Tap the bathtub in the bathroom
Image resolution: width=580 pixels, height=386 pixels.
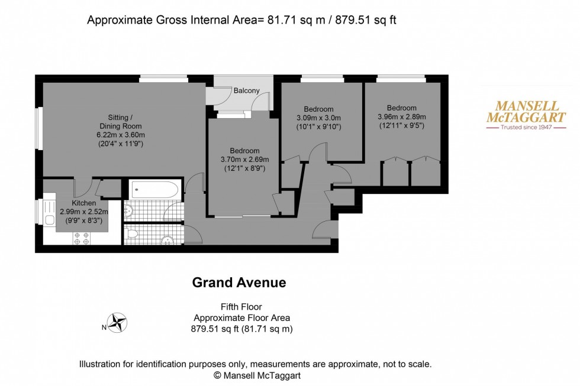(153, 190)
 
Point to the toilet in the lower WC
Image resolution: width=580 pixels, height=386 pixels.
(133, 233)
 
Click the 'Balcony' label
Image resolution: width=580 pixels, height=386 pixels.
(246, 90)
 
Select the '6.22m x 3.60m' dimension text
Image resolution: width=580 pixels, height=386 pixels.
(121, 135)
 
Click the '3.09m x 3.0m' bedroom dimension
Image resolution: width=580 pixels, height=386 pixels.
(318, 117)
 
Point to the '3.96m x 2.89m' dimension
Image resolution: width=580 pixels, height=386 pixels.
(402, 116)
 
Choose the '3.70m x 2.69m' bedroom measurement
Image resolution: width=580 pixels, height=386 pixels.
(244, 160)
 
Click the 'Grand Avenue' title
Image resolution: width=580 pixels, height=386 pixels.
(239, 283)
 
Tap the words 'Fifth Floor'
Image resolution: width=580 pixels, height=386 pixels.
(241, 307)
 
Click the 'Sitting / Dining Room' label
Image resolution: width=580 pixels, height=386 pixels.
(121, 121)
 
